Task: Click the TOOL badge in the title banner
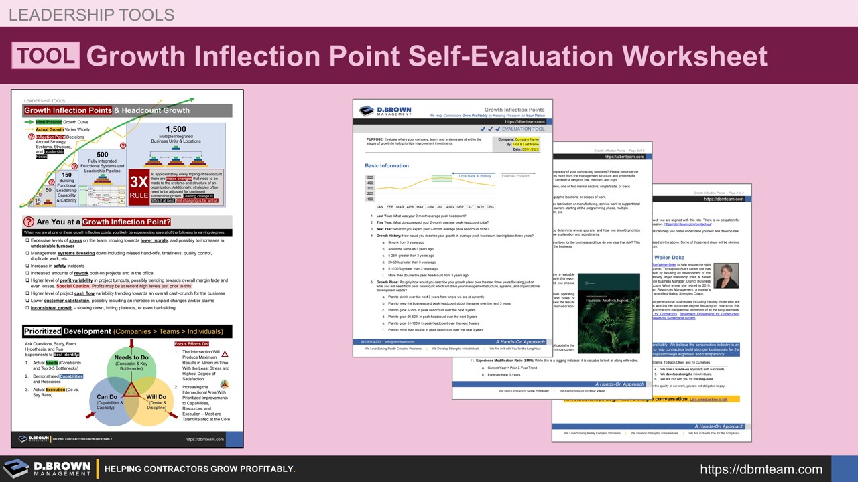click(x=46, y=56)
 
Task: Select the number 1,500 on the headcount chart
click(x=176, y=129)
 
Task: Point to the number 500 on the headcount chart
click(x=102, y=155)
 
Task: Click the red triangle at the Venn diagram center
click(x=131, y=388)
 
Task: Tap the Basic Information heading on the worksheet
click(x=387, y=165)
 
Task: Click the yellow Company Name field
click(x=527, y=139)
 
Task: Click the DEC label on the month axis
click(x=490, y=207)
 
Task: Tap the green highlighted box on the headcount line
click(x=442, y=178)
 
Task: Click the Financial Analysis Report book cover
click(x=608, y=313)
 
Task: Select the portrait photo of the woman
click(x=726, y=275)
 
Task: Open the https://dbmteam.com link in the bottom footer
click(x=761, y=469)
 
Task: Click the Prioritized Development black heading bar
click(x=127, y=331)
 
